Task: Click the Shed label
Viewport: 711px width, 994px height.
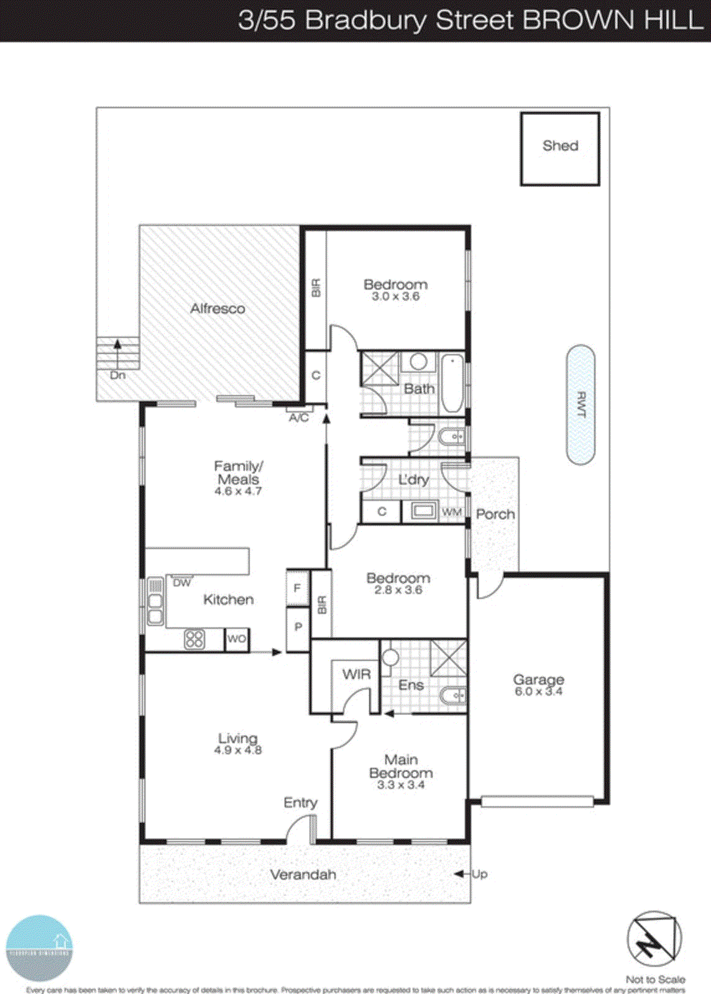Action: coord(560,146)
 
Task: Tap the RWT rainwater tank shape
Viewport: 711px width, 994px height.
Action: coord(580,405)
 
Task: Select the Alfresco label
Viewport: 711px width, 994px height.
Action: coord(218,309)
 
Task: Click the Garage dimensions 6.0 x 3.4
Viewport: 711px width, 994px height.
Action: coord(538,691)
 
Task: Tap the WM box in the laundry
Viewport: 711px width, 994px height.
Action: coord(452,512)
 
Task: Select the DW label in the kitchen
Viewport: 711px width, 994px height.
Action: coord(181,583)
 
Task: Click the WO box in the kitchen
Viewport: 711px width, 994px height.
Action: coord(236,639)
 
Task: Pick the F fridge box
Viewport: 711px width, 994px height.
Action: coord(297,588)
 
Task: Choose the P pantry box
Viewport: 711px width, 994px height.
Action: coord(298,627)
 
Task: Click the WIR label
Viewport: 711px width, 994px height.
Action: coord(356,674)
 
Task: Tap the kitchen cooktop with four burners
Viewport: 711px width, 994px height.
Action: coord(195,639)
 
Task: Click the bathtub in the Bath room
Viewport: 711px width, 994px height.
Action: coord(452,383)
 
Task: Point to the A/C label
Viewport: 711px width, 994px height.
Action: coord(299,418)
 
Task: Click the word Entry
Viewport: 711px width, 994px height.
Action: coord(300,803)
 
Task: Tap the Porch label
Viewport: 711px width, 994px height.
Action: coord(495,514)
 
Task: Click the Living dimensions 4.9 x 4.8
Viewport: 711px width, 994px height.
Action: coord(237,750)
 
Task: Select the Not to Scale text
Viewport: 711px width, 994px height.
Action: coord(655,980)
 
